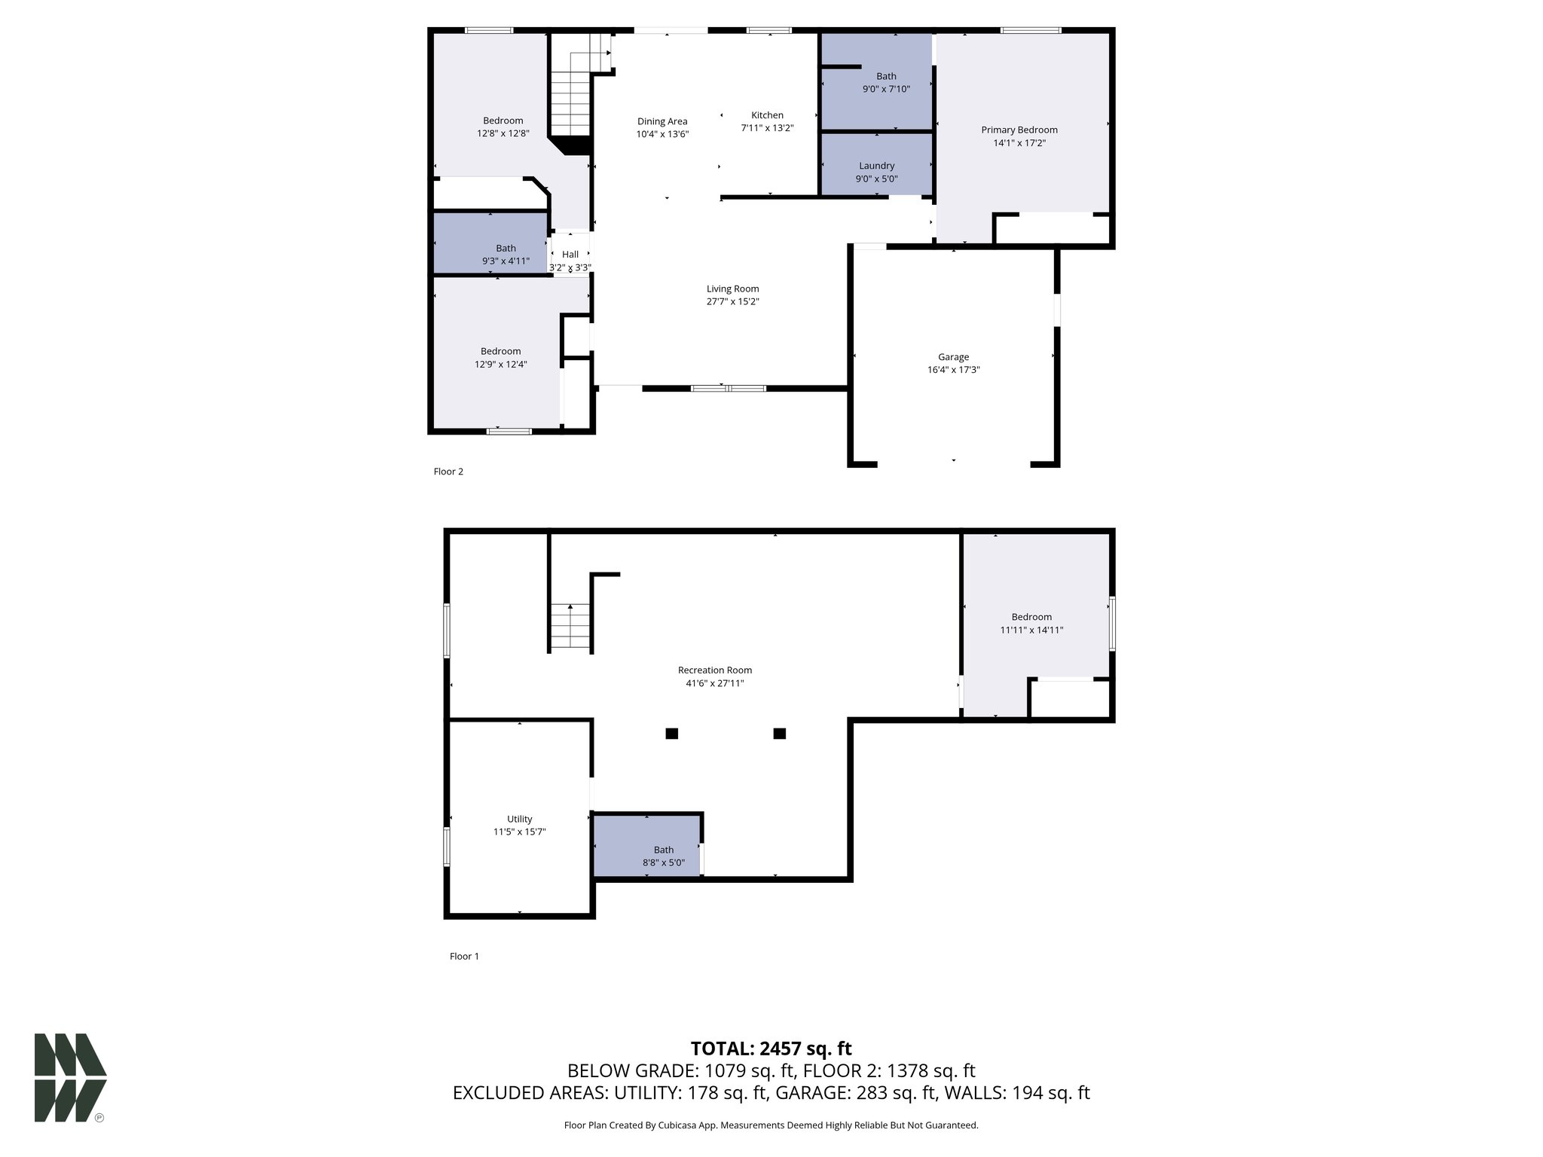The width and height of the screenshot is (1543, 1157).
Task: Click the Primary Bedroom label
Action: click(1019, 130)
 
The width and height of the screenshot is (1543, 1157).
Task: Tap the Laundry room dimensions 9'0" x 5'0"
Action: click(876, 179)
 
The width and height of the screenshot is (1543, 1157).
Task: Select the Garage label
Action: click(953, 357)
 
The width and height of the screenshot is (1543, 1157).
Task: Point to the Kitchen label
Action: click(767, 115)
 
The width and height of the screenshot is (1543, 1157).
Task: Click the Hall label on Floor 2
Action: click(570, 255)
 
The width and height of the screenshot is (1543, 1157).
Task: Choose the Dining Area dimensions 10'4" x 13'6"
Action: click(662, 135)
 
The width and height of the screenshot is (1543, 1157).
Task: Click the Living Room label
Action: click(732, 288)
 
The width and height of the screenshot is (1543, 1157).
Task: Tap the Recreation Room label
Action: click(714, 670)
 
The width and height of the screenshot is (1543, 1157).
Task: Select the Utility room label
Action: click(519, 819)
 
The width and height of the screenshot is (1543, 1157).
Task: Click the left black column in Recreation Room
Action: click(671, 734)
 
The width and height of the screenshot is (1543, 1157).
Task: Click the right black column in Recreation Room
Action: click(780, 734)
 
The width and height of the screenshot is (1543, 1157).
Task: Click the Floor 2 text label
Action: click(448, 472)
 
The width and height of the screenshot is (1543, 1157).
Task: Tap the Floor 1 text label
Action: click(464, 956)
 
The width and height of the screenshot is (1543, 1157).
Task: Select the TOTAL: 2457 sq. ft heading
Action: click(771, 1049)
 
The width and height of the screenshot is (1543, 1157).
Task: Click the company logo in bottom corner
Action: click(70, 1077)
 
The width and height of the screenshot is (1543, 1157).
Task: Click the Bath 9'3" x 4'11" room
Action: click(490, 243)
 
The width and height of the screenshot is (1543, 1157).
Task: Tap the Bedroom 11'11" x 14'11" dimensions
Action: click(1031, 630)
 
